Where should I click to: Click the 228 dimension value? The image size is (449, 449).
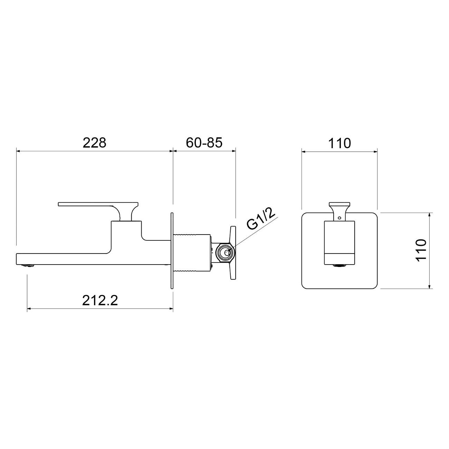pos(94,143)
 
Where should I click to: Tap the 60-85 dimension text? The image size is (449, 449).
pos(204,143)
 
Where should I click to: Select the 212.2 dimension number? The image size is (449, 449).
pos(100,300)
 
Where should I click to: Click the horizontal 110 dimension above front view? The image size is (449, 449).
pos(339,143)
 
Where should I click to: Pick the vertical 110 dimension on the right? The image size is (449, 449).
pos(421,250)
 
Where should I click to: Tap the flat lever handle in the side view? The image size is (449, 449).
pos(98,204)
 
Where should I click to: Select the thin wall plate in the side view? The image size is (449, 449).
pos(172,250)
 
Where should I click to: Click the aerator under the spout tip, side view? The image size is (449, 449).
pos(28,266)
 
